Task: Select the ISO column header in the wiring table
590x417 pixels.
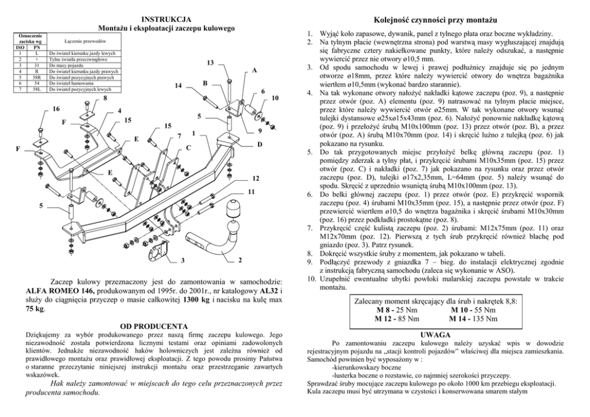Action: click(20, 48)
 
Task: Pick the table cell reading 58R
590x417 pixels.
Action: click(36, 77)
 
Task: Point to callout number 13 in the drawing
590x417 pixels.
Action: click(210, 63)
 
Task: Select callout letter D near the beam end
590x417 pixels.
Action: click(259, 145)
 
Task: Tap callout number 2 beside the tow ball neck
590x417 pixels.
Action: click(239, 260)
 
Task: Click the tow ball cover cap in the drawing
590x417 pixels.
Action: click(233, 209)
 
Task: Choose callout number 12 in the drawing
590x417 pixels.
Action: click(255, 178)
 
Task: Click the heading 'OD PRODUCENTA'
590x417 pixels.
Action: click(154, 326)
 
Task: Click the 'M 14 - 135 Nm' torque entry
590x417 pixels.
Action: click(473, 318)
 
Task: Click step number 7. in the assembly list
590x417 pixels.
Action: click(310, 227)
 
